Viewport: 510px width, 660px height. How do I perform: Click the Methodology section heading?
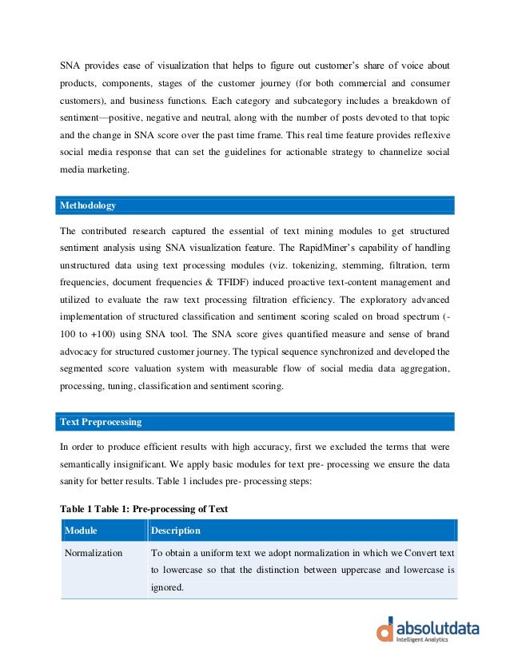pos(88,205)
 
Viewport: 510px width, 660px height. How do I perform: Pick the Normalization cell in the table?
pos(94,553)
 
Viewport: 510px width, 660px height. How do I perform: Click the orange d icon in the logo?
pos(386,629)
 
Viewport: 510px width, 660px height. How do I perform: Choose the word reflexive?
pos(430,135)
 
